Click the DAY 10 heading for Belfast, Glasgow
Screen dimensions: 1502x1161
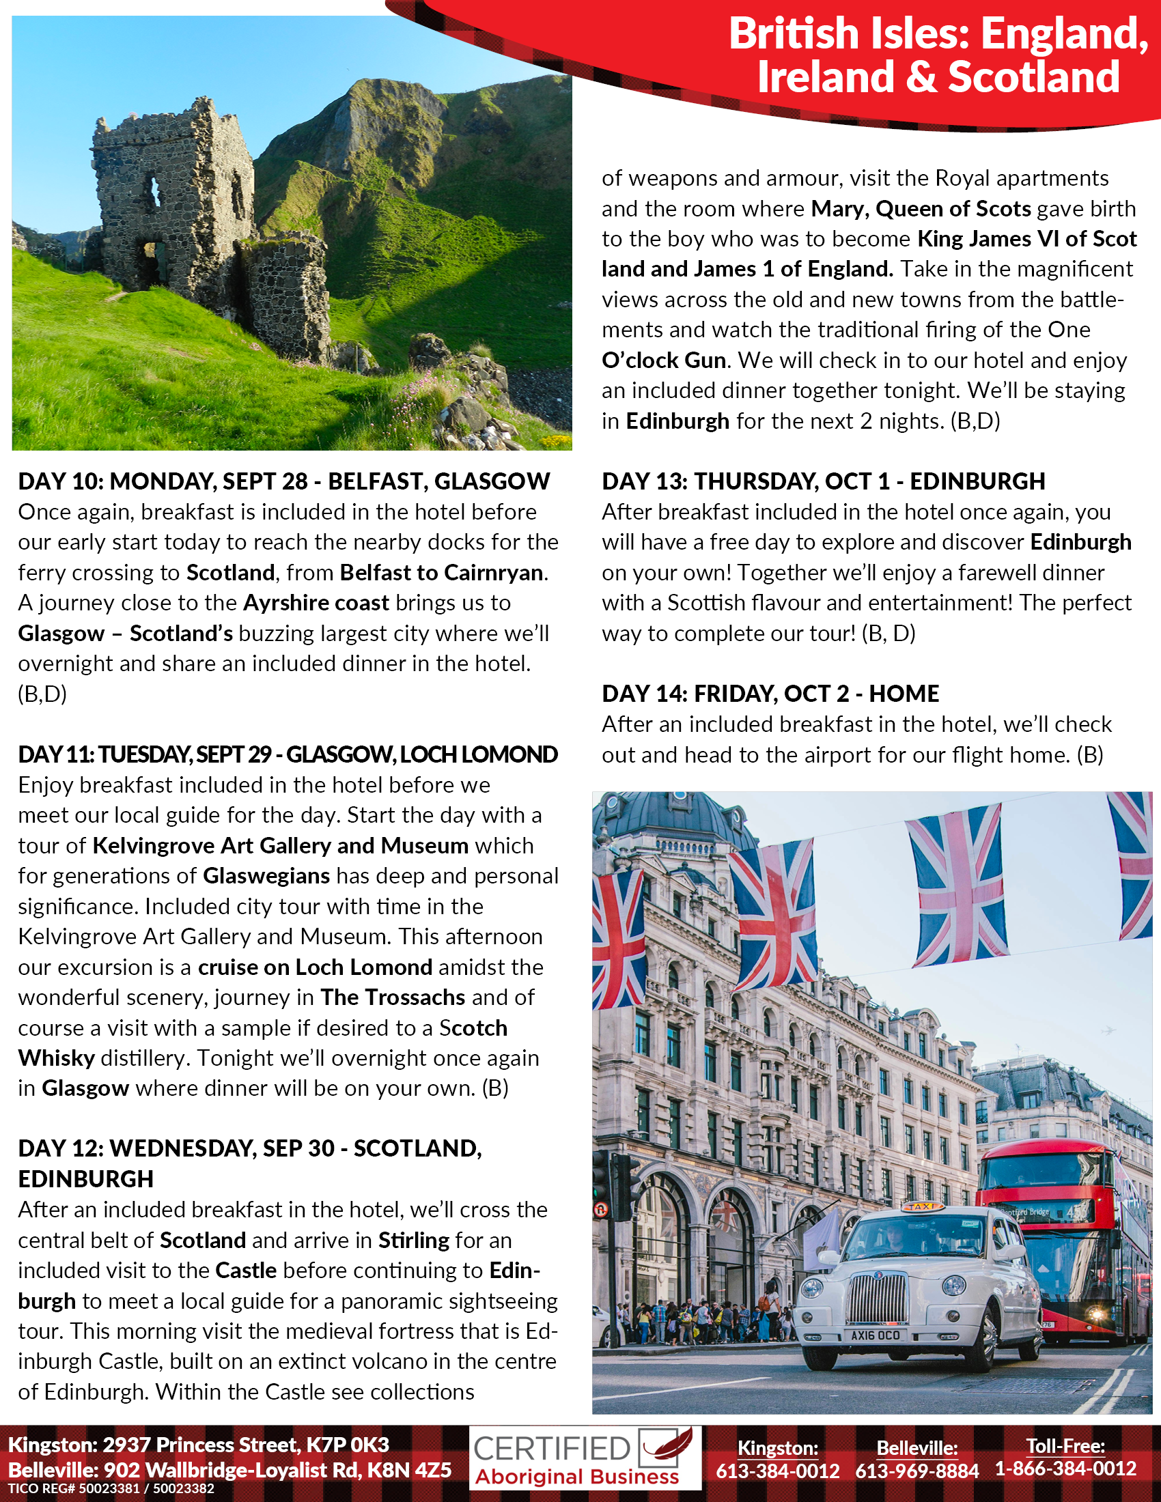[x=283, y=481]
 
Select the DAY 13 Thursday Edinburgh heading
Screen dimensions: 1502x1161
[x=823, y=481]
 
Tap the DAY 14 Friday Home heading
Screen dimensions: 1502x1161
[x=770, y=694]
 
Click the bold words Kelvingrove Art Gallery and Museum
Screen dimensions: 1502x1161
[x=280, y=846]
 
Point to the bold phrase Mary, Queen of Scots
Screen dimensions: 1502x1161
[x=921, y=209]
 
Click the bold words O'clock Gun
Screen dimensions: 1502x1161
[x=664, y=360]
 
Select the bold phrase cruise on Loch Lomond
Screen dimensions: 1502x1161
[x=315, y=967]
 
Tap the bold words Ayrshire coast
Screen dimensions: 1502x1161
[x=316, y=603]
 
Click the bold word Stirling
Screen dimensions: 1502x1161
[x=413, y=1241]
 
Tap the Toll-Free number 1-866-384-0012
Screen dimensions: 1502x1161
[x=1065, y=1469]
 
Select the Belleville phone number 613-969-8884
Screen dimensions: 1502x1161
[x=917, y=1471]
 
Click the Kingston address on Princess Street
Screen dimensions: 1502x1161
[x=198, y=1445]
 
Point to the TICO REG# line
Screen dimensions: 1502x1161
[x=111, y=1489]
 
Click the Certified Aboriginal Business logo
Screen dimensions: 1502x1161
[x=585, y=1458]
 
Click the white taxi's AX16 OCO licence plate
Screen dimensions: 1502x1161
[x=875, y=1335]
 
